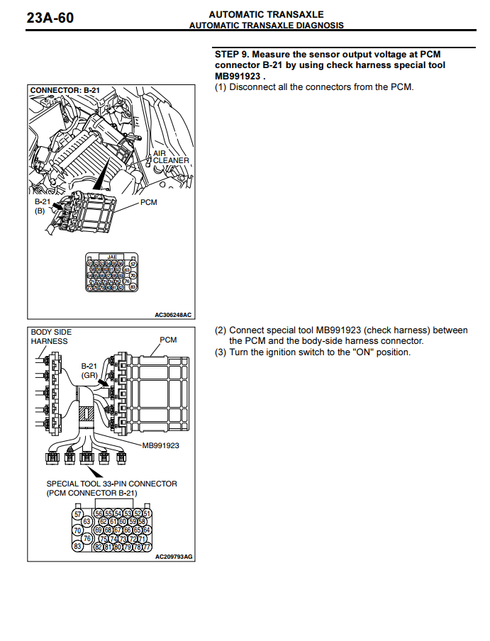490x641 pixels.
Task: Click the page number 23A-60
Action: click(x=50, y=18)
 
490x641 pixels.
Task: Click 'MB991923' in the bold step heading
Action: click(x=238, y=76)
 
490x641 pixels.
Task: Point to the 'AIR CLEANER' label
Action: click(x=171, y=157)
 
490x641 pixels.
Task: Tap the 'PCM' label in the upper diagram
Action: click(x=148, y=203)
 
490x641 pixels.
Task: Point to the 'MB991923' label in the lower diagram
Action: click(x=160, y=445)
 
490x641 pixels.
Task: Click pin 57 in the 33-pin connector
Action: click(x=79, y=513)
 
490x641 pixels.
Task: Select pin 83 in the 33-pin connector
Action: click(x=79, y=547)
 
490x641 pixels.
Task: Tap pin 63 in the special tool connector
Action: click(x=88, y=521)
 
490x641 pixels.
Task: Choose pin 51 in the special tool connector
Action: click(x=147, y=513)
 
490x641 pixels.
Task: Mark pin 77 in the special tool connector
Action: click(x=147, y=547)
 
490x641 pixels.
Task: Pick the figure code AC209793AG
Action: click(x=174, y=557)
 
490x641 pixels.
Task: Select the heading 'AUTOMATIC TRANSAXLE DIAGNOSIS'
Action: click(x=266, y=26)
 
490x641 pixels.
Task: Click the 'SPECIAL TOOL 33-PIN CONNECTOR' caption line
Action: click(x=112, y=484)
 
